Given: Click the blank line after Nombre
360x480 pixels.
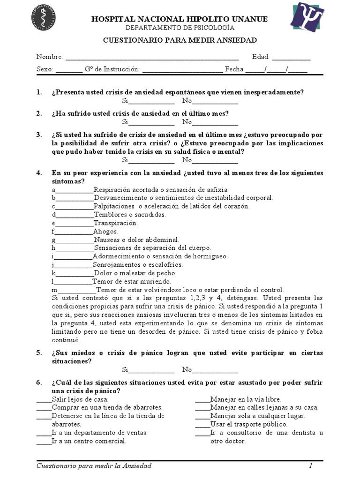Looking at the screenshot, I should click(x=152, y=58).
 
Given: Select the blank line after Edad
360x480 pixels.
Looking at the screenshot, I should click(x=291, y=58).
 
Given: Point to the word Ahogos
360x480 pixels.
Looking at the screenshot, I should click(x=105, y=232).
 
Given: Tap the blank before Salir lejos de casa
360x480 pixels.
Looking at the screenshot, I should click(x=44, y=400).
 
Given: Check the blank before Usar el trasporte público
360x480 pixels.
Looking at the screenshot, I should click(x=202, y=425).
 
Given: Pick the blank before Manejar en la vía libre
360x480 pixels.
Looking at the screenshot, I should click(x=202, y=400).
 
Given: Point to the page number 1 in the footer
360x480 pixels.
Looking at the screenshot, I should click(x=310, y=466).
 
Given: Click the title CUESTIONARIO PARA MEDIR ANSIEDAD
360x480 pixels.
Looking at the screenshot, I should click(x=180, y=41).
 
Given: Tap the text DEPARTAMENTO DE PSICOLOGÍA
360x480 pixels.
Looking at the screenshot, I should click(x=180, y=28).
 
